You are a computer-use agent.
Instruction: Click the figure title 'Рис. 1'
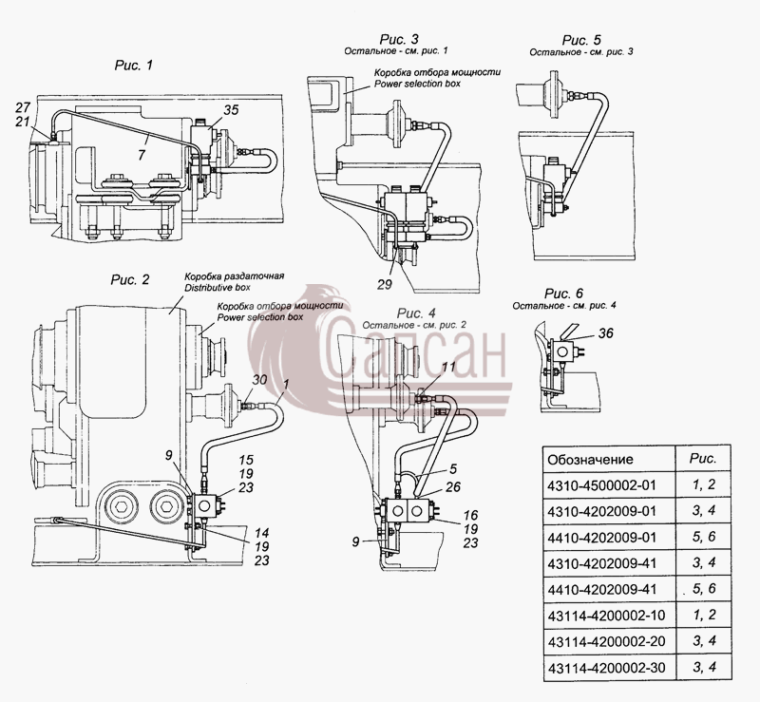(x=134, y=66)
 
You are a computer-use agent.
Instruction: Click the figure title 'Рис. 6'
(x=563, y=294)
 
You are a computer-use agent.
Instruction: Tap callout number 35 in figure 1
(x=231, y=110)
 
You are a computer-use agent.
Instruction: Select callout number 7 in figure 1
(x=142, y=155)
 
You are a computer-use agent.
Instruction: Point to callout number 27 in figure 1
(x=23, y=107)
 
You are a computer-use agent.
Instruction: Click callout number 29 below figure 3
(x=385, y=285)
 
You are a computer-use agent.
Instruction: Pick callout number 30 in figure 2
(x=259, y=380)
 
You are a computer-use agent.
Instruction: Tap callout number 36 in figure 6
(x=605, y=333)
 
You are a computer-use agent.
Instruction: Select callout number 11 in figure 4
(x=448, y=367)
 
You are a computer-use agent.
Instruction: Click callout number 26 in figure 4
(x=453, y=486)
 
